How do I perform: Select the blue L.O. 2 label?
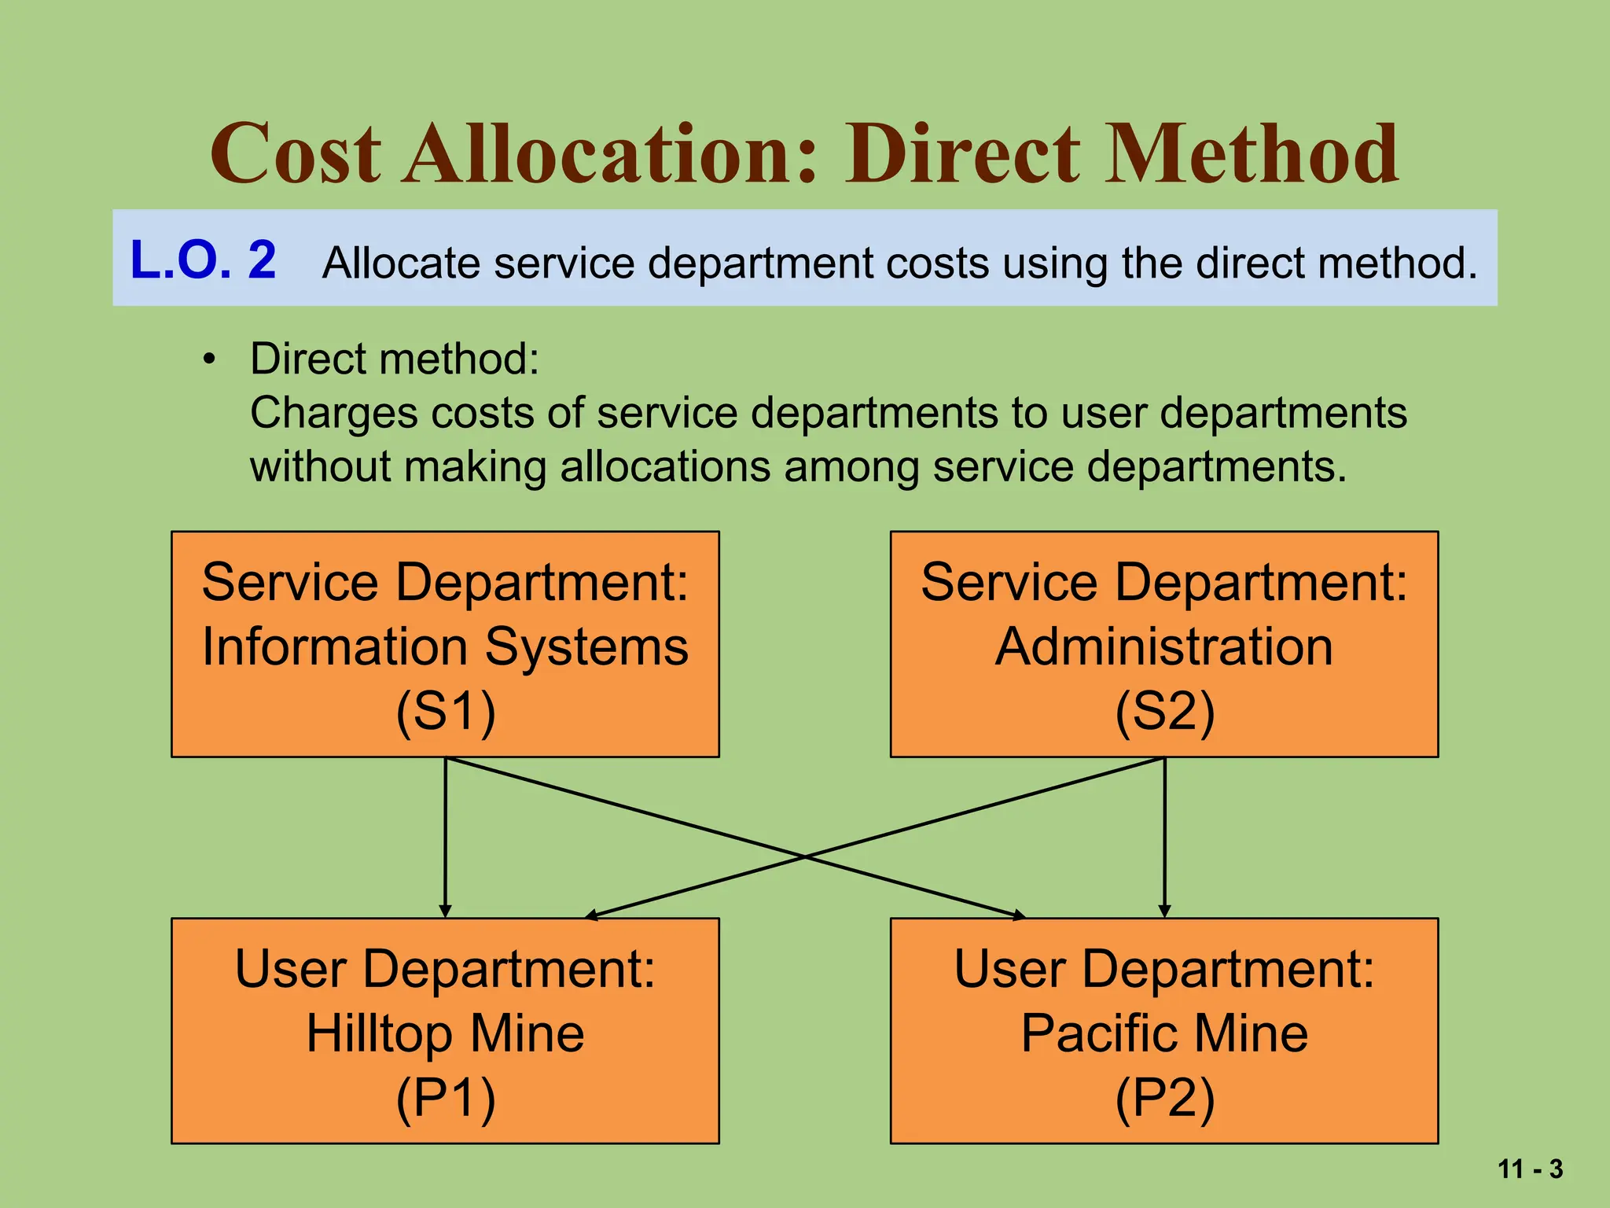coord(203,260)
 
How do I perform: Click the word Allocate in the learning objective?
coord(400,263)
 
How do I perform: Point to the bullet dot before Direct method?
coord(208,360)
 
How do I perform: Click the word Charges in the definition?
coord(333,414)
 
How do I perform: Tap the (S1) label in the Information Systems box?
coord(446,712)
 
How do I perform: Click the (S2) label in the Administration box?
coord(1164,712)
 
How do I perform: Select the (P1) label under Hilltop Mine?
coord(446,1098)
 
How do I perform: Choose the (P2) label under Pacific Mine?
coord(1164,1098)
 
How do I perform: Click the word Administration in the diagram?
coord(1164,647)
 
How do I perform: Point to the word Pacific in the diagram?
coord(1100,1033)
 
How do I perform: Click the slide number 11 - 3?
coord(1530,1169)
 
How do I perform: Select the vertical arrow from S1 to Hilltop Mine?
coord(446,838)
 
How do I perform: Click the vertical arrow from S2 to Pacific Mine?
coord(1164,838)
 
